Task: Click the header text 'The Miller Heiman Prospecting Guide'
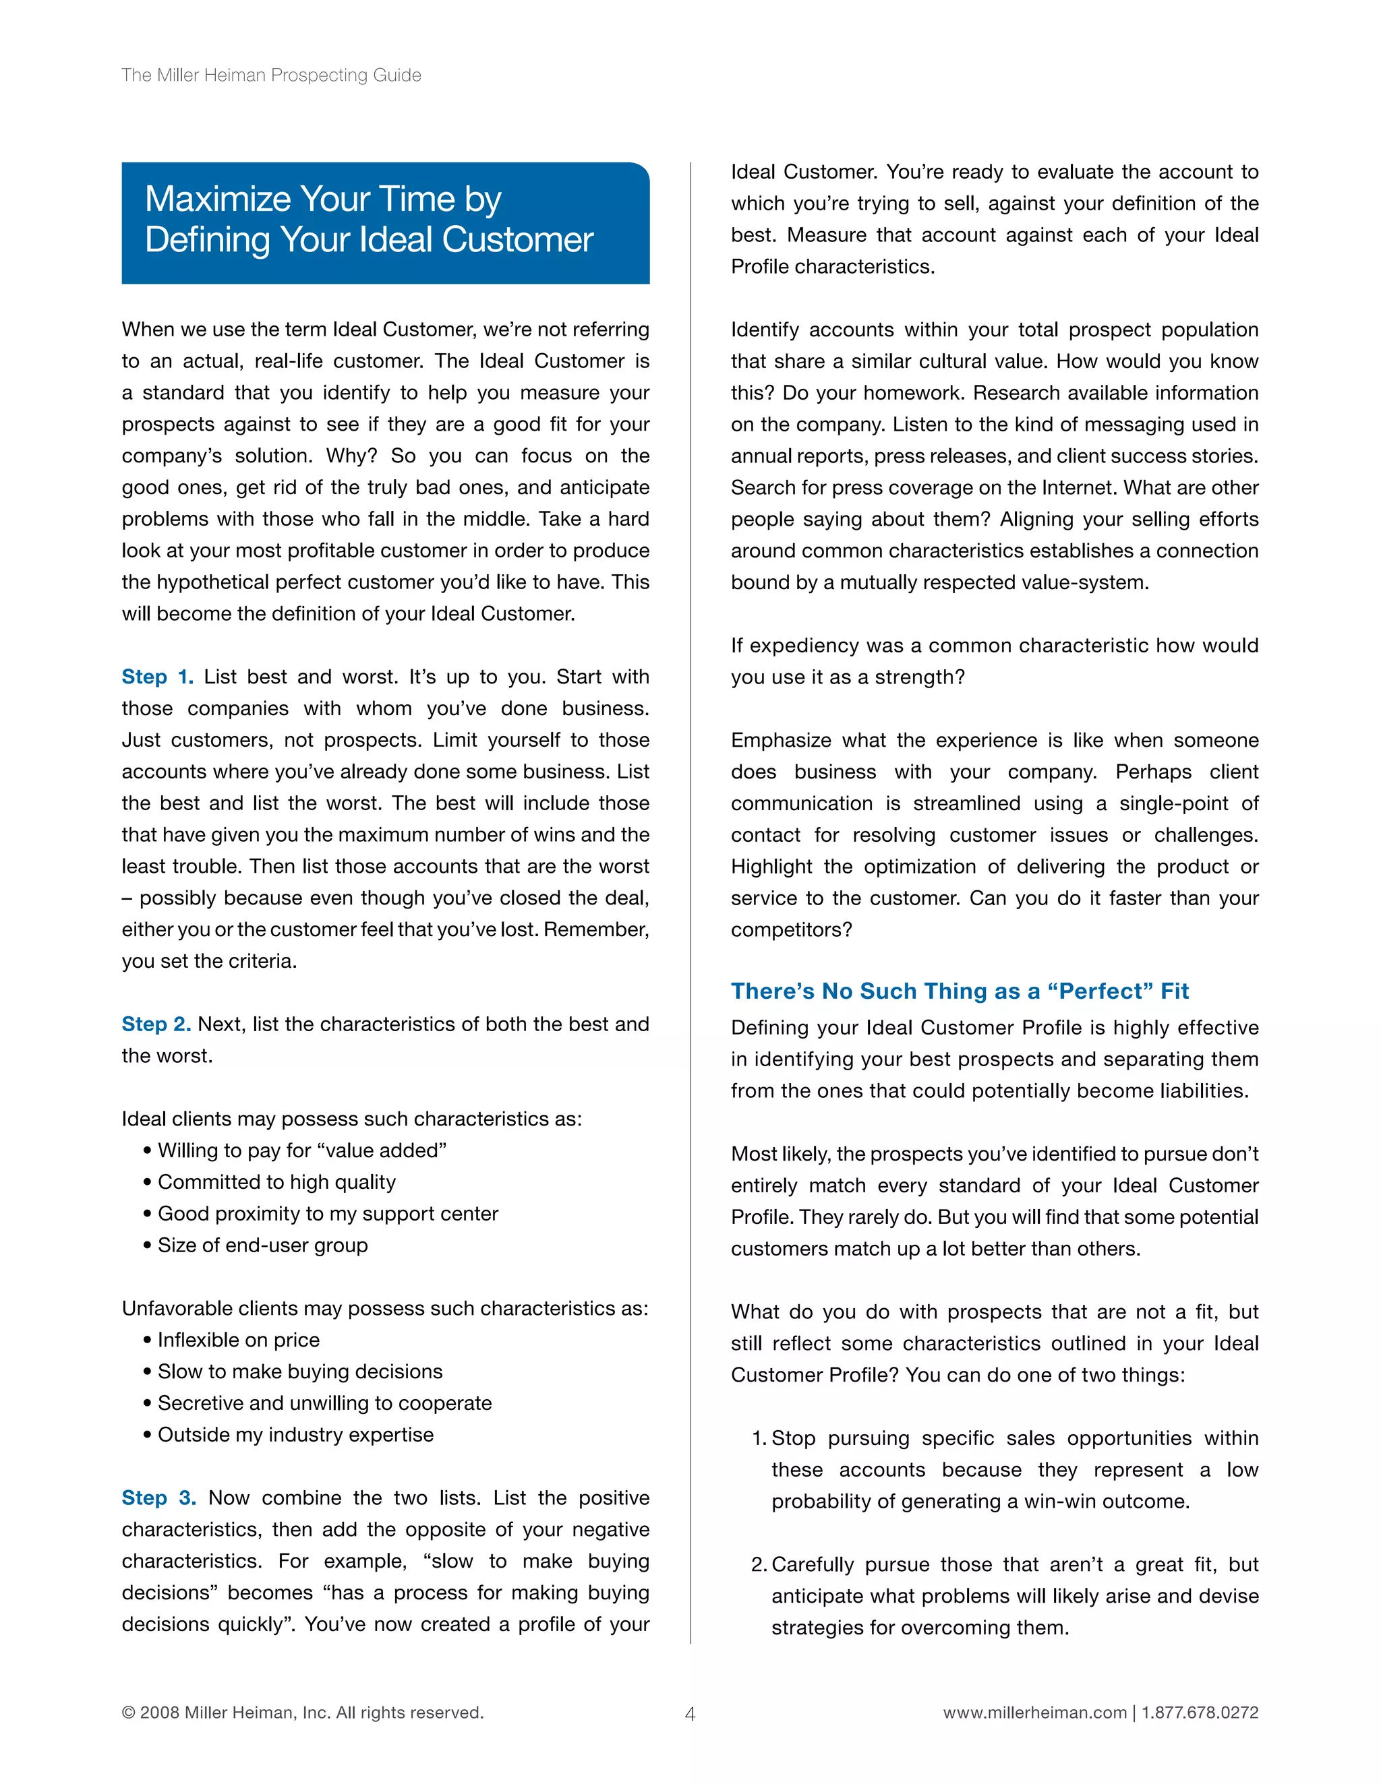coord(271,75)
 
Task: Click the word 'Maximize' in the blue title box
coord(218,199)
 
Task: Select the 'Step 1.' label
coord(157,677)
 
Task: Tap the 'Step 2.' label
coord(156,1024)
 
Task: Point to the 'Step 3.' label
coord(158,1498)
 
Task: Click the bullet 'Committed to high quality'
coord(276,1183)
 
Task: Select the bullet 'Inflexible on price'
coord(238,1341)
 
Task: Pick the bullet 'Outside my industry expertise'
coord(295,1435)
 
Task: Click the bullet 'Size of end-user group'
coord(262,1245)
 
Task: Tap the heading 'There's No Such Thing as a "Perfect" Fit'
coord(959,991)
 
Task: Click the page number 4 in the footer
coord(690,1714)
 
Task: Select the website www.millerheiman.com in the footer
coord(1034,1713)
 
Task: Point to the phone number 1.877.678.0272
coord(1200,1713)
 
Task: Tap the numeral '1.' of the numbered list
coord(759,1438)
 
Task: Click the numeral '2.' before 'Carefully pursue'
coord(759,1565)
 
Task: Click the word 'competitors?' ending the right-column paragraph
coord(791,931)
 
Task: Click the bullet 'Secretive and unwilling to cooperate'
coord(325,1403)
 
